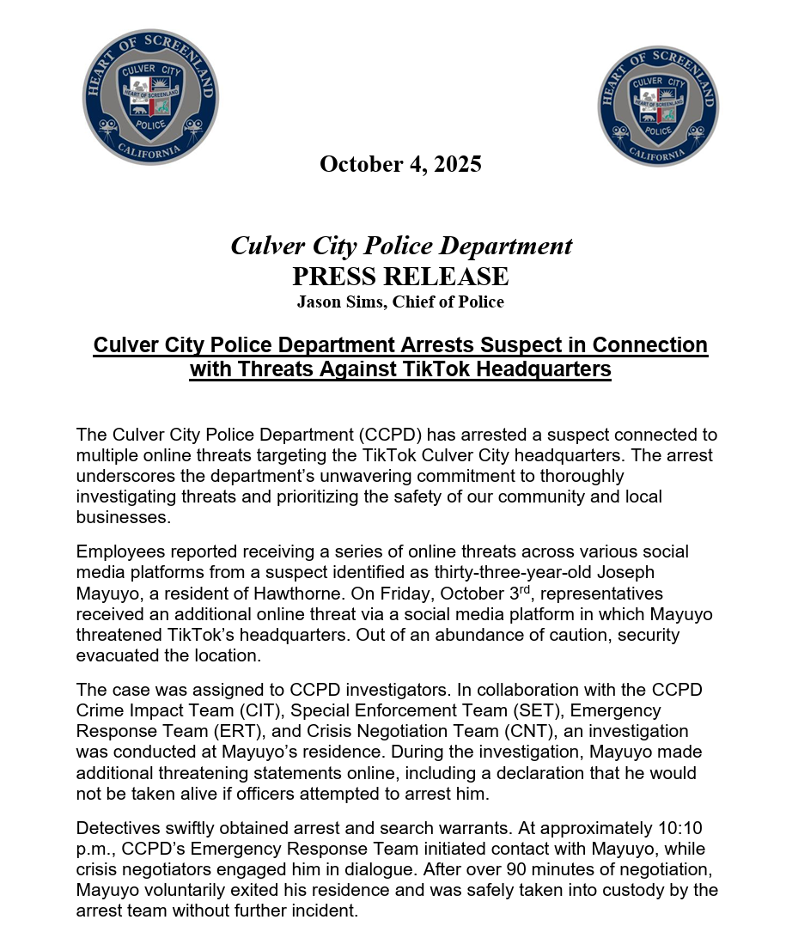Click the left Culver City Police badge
[150, 97]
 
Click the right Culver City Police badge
[658, 106]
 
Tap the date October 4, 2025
[400, 164]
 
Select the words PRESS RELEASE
[400, 277]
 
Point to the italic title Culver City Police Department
[400, 247]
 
